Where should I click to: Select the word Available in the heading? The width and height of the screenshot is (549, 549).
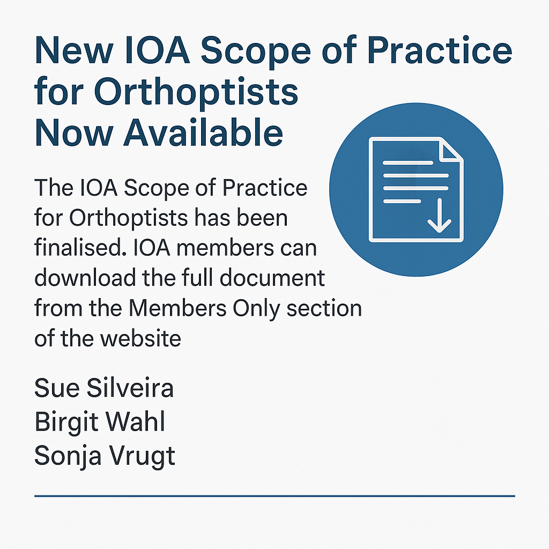click(203, 132)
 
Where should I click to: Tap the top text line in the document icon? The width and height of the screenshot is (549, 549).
click(408, 163)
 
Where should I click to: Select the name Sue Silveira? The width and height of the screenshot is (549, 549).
click(104, 388)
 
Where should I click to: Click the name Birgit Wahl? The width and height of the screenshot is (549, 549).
click(100, 421)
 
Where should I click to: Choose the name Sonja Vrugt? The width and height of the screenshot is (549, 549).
click(105, 456)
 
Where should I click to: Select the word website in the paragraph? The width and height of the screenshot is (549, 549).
click(141, 339)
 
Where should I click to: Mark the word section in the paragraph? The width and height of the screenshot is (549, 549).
click(324, 308)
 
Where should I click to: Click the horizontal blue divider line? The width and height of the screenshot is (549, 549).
click(275, 496)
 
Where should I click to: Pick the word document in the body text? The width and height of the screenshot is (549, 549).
click(272, 278)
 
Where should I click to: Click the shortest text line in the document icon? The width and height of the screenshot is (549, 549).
click(402, 202)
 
